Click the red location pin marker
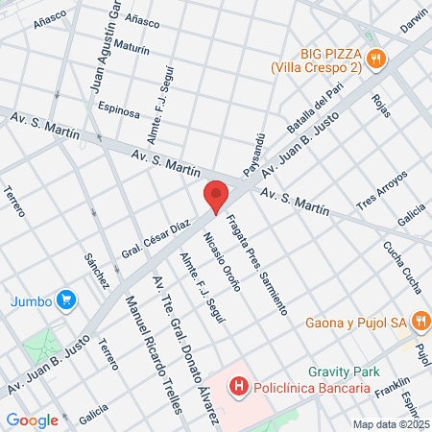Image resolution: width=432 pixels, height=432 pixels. pyautogui.click(x=217, y=195)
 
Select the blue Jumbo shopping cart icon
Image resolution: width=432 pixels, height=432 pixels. pyautogui.click(x=65, y=300)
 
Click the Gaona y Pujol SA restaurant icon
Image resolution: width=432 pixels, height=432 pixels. pyautogui.click(x=420, y=321)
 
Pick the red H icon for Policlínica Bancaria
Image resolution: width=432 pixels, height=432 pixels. pyautogui.click(x=236, y=387)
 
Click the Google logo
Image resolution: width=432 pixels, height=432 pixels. pyautogui.click(x=32, y=420)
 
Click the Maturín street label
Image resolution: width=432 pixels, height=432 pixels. pyautogui.click(x=130, y=46)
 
